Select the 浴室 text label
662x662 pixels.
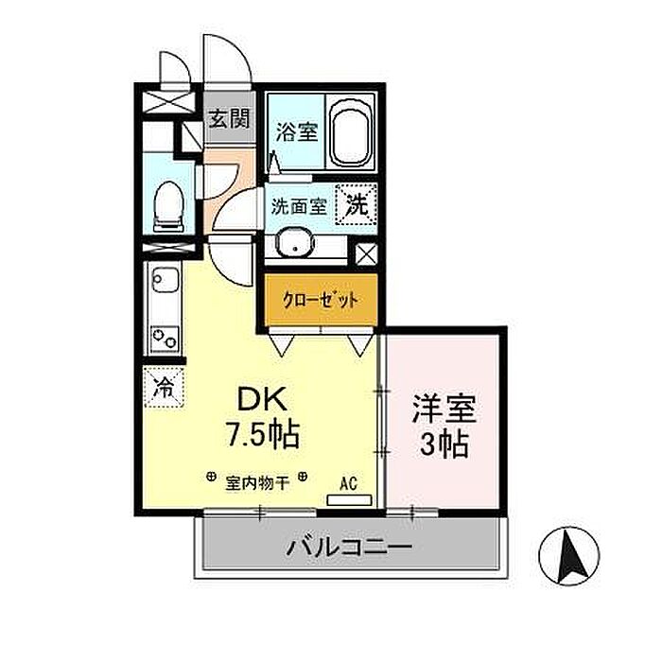tap(295, 132)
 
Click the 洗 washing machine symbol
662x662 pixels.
tap(357, 203)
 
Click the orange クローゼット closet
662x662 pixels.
tap(321, 300)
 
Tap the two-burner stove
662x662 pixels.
tap(165, 338)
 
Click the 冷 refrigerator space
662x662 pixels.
tap(165, 386)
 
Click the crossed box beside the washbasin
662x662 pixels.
tap(367, 254)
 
